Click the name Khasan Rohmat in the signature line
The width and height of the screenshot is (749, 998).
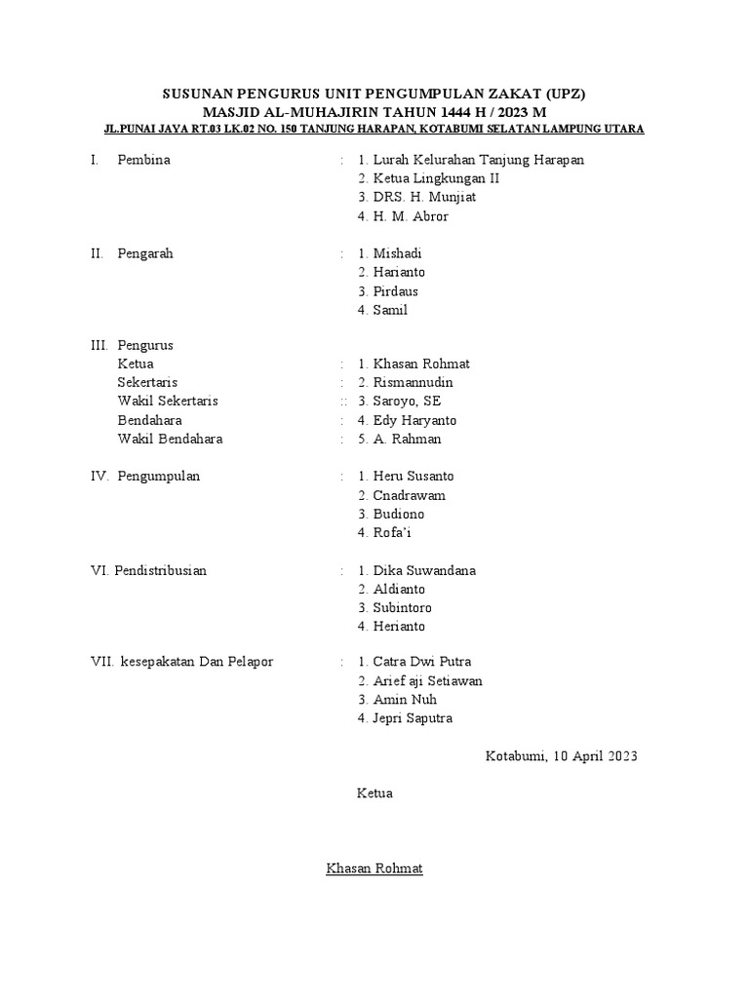374,868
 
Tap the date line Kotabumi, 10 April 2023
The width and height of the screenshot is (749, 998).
562,756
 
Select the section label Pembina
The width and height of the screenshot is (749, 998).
143,160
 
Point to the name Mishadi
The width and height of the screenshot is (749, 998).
397,253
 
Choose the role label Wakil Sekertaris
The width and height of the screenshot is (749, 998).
168,402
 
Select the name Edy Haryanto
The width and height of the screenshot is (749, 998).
414,420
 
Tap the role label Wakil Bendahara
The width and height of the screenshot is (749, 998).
170,439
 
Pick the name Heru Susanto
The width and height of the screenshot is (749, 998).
413,477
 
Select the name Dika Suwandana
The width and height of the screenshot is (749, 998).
424,570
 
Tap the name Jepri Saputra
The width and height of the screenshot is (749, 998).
413,718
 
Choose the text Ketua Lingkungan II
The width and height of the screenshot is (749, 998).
436,178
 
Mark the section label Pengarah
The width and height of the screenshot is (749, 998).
145,253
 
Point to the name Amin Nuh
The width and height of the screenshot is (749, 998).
405,700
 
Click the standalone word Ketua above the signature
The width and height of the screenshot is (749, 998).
374,793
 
